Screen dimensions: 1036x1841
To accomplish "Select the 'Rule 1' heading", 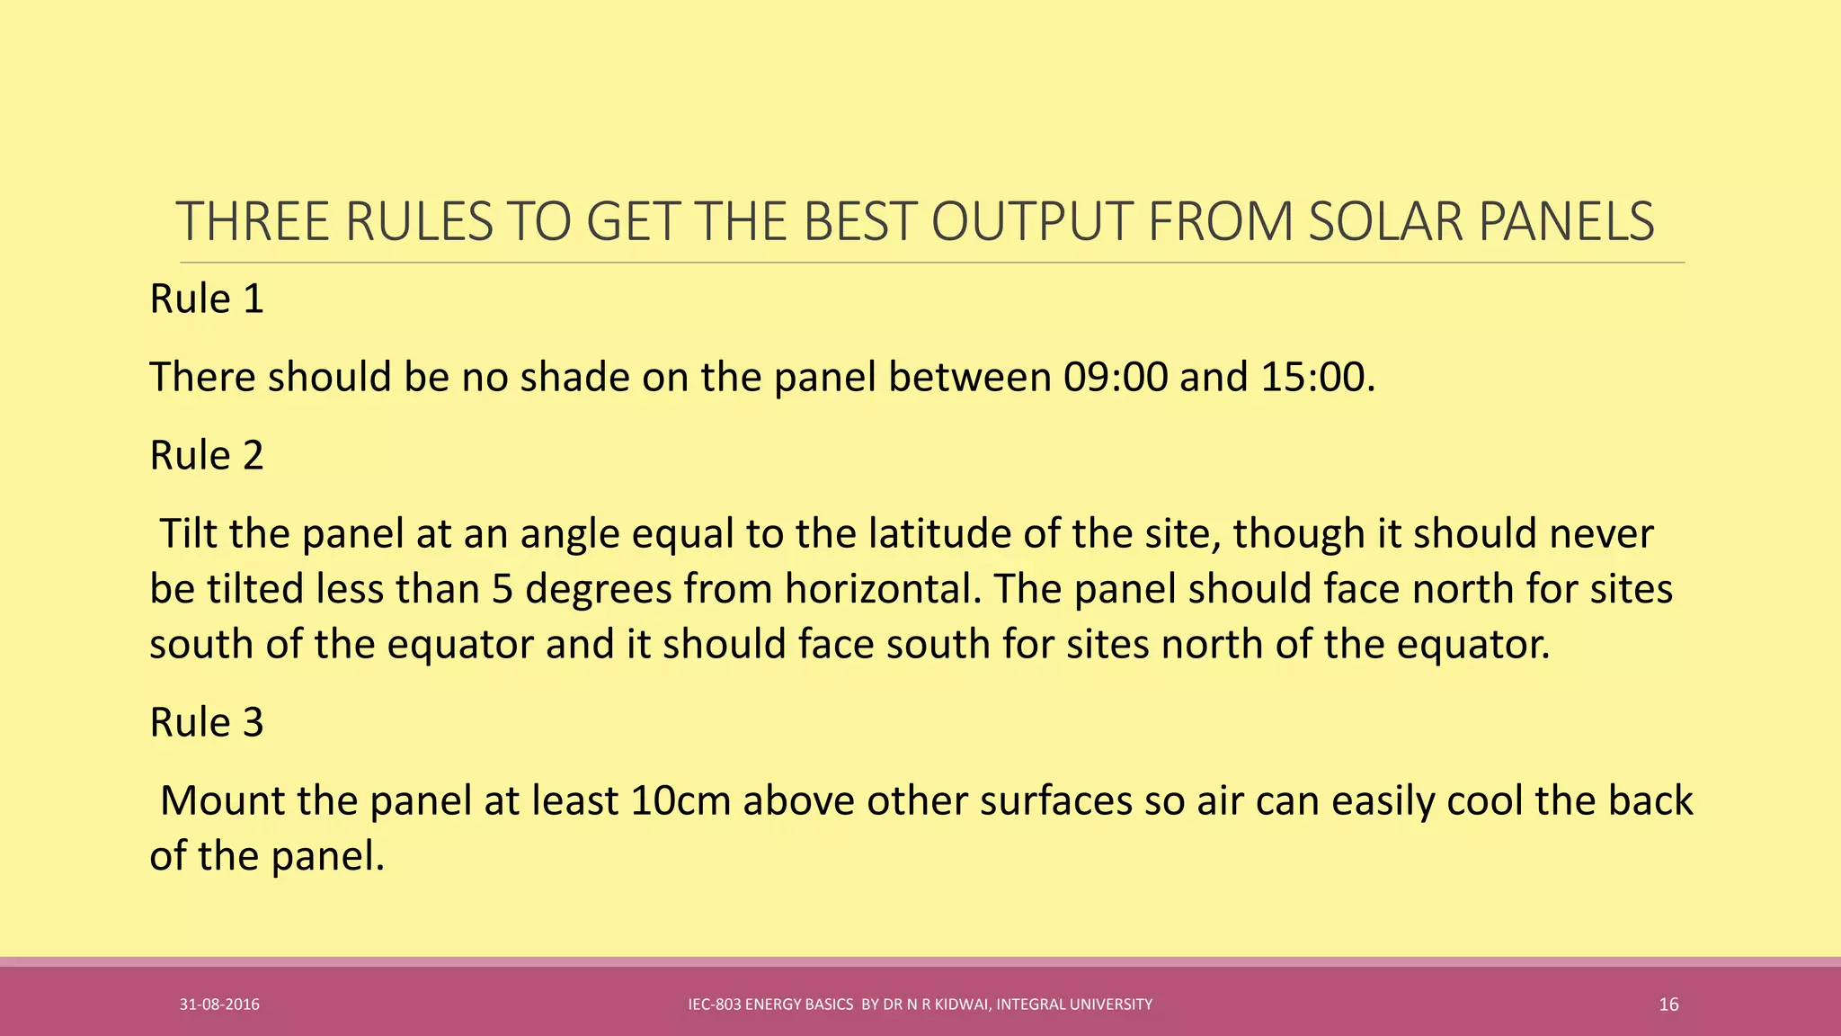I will pyautogui.click(x=207, y=299).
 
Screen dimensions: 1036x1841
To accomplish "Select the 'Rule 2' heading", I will pyautogui.click(x=207, y=455).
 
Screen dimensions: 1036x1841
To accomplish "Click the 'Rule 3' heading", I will pyautogui.click(x=207, y=722).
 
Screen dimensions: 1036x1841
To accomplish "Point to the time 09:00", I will pyautogui.click(x=1115, y=377).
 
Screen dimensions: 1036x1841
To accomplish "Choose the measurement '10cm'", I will pyautogui.click(x=680, y=800).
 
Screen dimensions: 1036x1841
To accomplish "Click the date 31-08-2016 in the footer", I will pyautogui.click(x=219, y=1005).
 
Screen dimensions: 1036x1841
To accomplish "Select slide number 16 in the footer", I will pyautogui.click(x=1668, y=1005).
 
